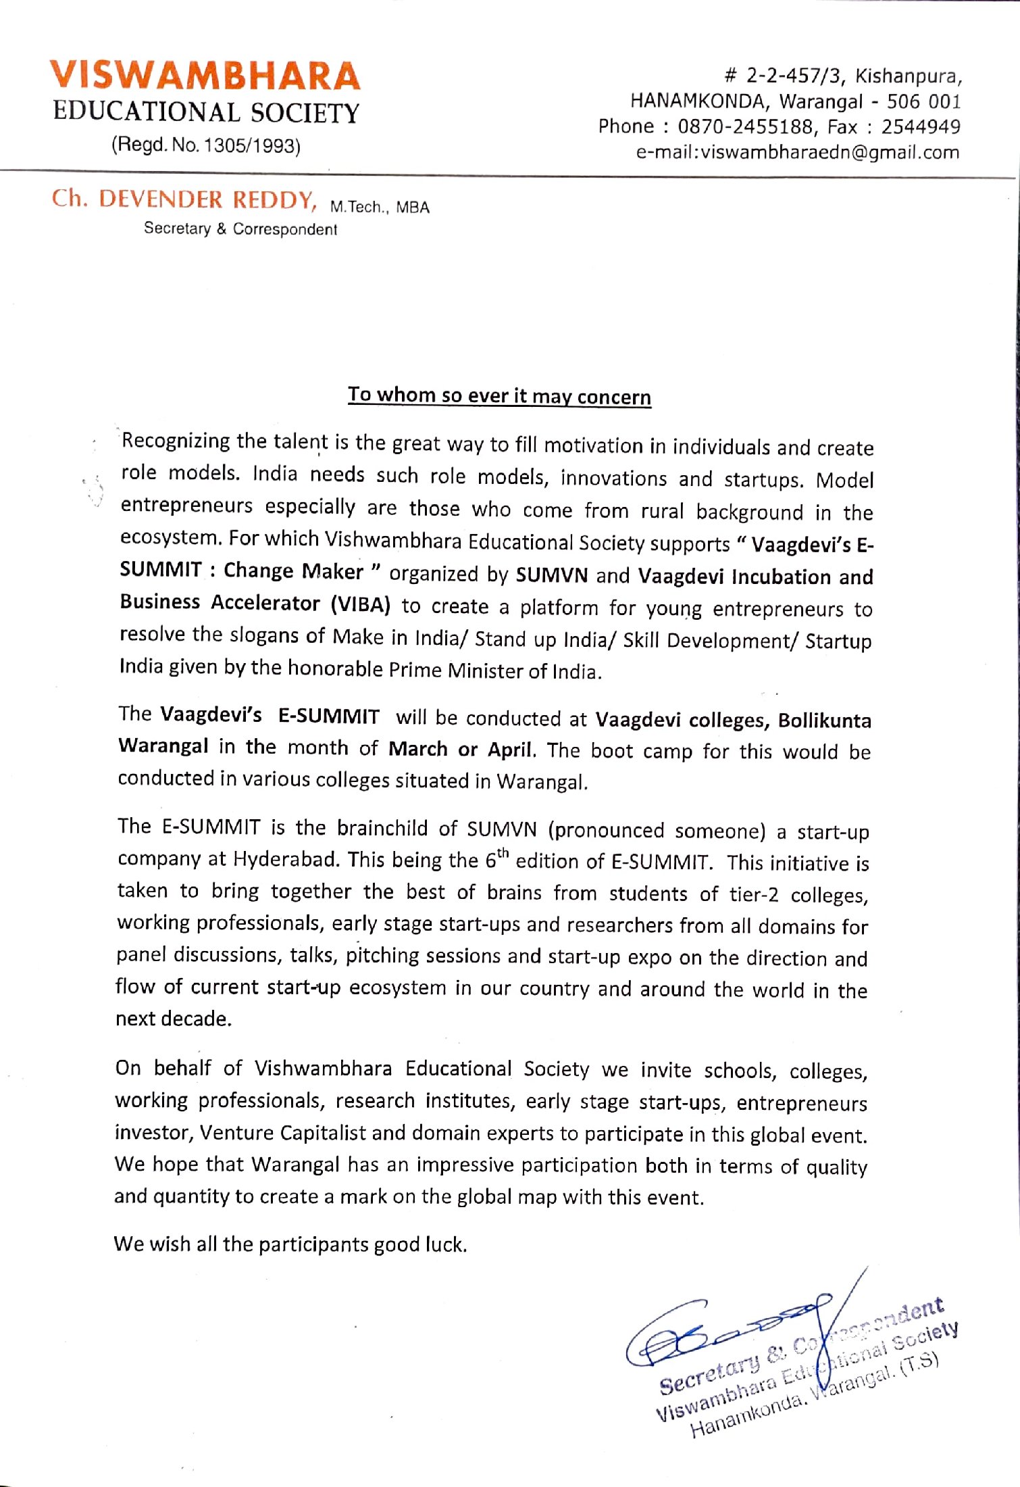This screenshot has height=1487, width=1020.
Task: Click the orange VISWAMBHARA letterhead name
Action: click(x=205, y=76)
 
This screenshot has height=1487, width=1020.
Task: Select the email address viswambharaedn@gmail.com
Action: click(x=830, y=152)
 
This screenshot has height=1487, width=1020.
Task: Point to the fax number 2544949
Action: click(x=920, y=126)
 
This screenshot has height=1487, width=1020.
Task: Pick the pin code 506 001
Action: click(x=923, y=101)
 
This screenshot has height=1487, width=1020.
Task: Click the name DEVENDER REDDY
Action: click(x=206, y=199)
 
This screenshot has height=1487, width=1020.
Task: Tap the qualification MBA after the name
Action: click(x=413, y=208)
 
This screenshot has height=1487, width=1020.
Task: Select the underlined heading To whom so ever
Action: click(x=499, y=395)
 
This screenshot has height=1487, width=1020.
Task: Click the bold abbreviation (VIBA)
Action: click(x=360, y=604)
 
